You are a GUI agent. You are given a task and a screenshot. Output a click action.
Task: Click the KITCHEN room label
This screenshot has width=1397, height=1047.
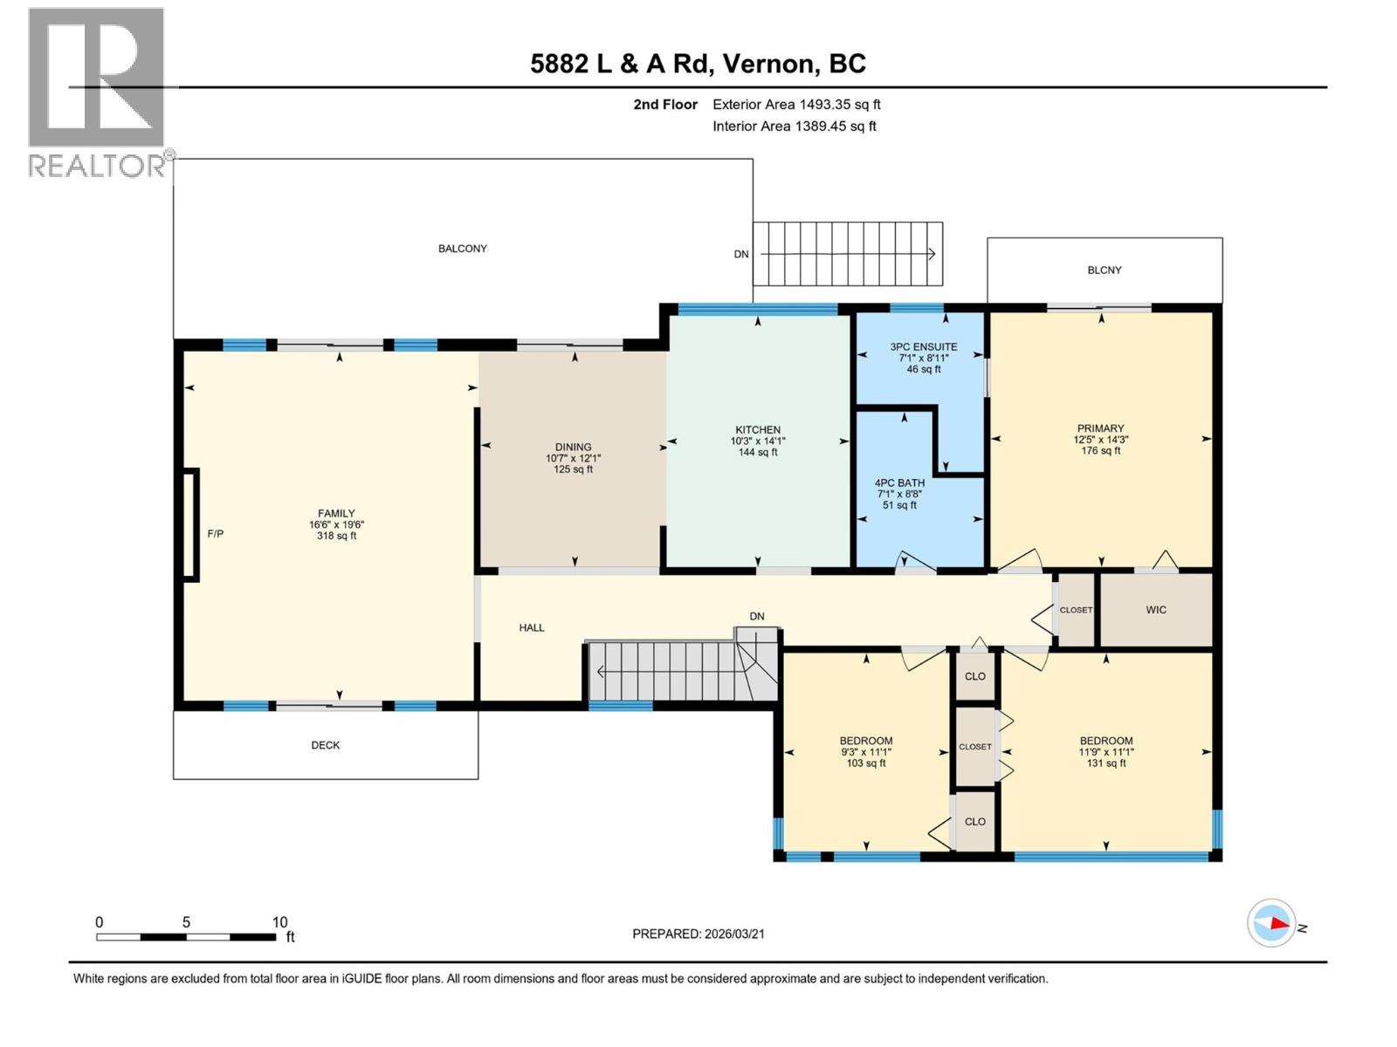(757, 430)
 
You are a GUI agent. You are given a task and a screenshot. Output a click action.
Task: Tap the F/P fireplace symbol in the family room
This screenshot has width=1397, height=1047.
(189, 524)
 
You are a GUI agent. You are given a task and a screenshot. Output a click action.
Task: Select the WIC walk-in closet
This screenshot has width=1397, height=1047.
(1155, 610)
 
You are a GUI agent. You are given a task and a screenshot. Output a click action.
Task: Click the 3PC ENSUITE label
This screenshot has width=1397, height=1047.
(923, 347)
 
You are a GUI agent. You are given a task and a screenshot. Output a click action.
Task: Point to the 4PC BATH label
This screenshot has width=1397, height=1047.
(899, 483)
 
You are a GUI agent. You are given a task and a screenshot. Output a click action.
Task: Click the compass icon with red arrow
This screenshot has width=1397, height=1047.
(1271, 923)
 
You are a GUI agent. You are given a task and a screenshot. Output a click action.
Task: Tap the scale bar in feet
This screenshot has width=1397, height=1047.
(186, 936)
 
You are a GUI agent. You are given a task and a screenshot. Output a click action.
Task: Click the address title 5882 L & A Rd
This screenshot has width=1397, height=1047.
(698, 64)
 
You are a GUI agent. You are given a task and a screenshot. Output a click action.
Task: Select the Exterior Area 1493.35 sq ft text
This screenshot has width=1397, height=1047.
(795, 105)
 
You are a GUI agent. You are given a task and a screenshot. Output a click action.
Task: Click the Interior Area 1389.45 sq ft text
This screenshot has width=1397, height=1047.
(794, 127)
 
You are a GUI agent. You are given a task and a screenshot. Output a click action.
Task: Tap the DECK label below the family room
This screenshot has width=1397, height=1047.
(326, 745)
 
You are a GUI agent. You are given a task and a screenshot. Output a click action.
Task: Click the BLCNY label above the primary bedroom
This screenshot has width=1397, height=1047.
(1104, 270)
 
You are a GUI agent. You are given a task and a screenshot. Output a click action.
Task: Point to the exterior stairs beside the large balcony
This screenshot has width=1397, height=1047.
(848, 254)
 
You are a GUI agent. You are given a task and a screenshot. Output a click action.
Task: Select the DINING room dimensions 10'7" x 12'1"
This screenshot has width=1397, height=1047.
(573, 458)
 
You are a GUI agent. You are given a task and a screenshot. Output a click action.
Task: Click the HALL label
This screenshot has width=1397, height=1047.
(531, 627)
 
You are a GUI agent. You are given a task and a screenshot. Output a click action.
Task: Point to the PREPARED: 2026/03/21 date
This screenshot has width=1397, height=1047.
(698, 934)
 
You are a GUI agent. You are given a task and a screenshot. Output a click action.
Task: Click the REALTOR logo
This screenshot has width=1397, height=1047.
(98, 92)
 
